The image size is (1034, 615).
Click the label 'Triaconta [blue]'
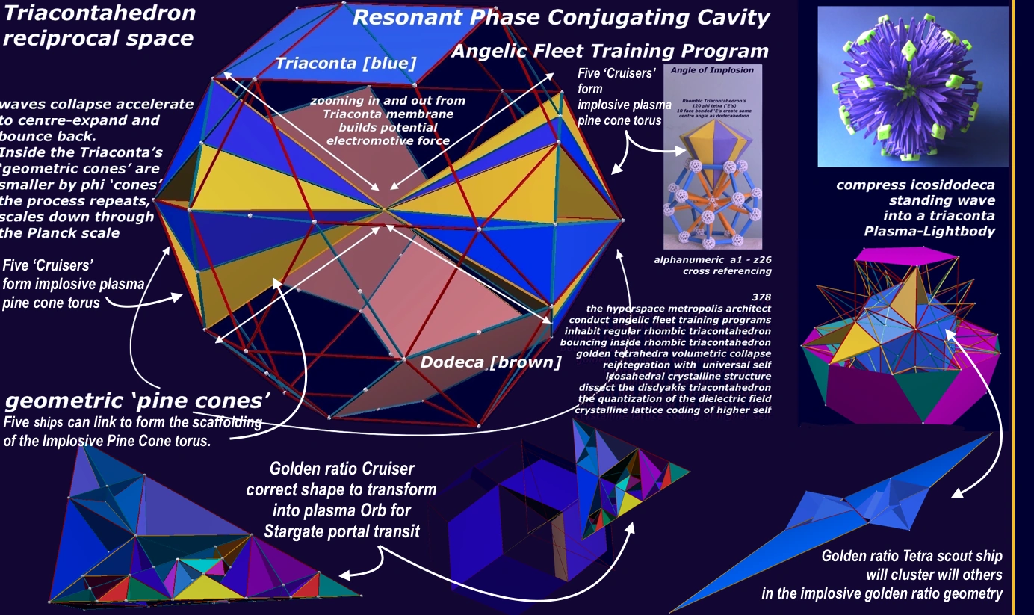(345, 63)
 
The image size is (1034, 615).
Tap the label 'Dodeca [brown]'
(490, 363)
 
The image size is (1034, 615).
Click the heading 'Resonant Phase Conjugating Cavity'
(560, 18)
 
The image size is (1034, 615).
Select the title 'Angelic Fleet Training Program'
(610, 51)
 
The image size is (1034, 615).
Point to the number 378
(761, 297)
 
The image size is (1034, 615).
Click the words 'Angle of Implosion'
(704, 70)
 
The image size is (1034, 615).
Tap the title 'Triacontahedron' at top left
(99, 13)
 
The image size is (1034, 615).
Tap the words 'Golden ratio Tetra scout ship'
(911, 556)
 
